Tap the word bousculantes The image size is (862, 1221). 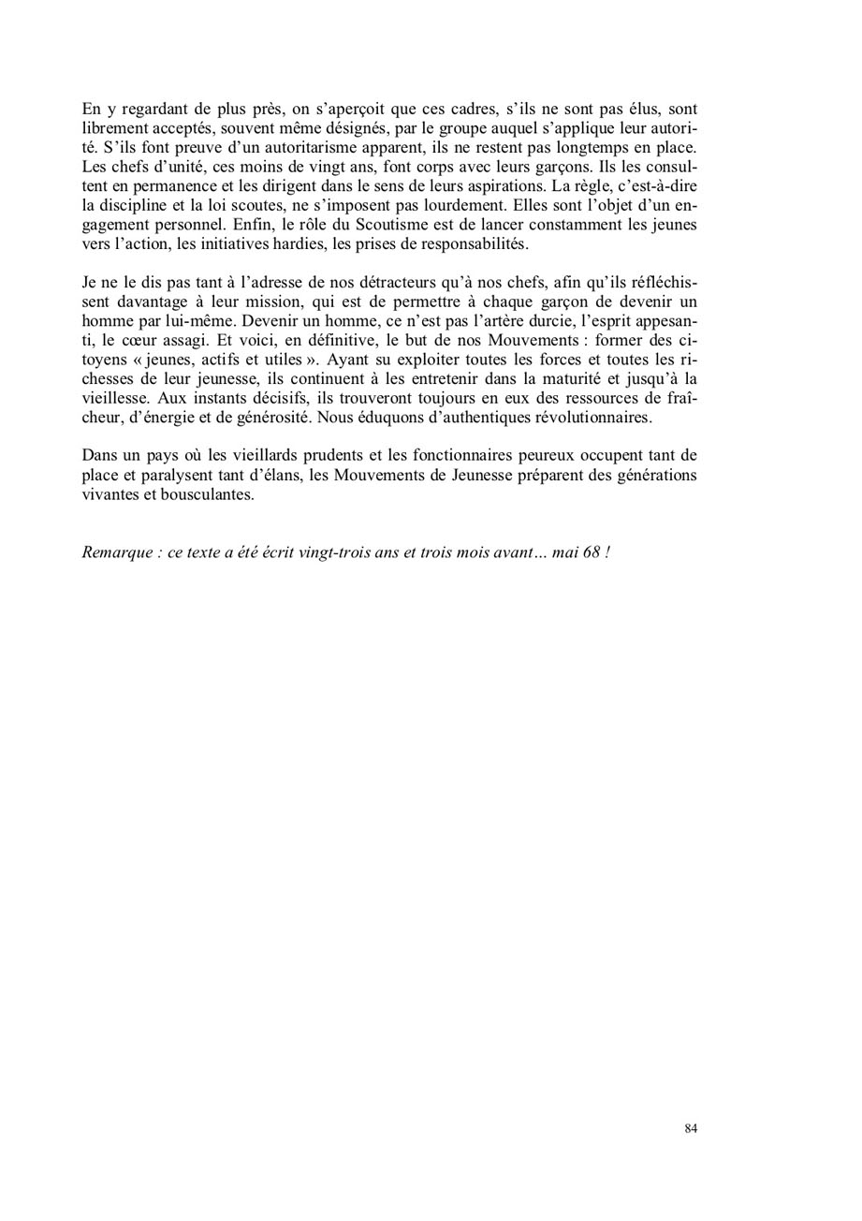pyautogui.click(x=210, y=494)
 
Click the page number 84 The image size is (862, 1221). pyautogui.click(x=691, y=1129)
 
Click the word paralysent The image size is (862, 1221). pyautogui.click(x=176, y=476)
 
